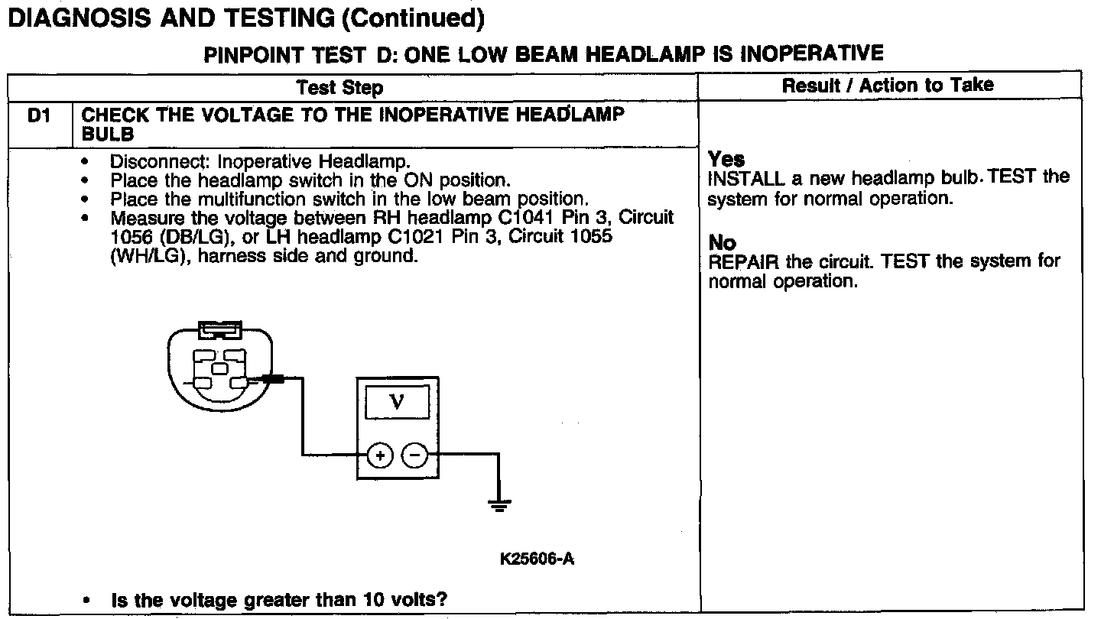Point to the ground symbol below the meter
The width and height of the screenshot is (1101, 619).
pos(499,504)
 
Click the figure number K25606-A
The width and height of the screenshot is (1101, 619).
pos(538,559)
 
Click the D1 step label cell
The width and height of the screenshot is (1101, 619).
pos(38,115)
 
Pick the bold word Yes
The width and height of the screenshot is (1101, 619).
pos(726,159)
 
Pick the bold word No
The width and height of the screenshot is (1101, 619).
pos(722,243)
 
